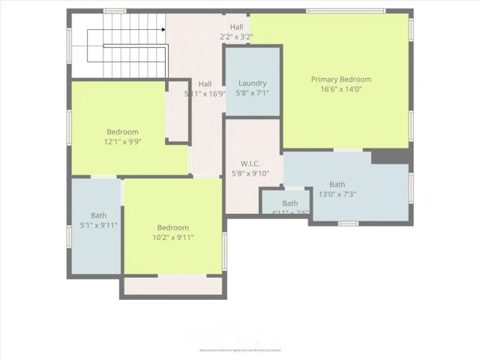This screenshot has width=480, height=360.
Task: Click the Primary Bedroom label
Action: click(341, 79)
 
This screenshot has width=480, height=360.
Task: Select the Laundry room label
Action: click(253, 83)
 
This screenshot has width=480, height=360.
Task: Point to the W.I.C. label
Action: click(250, 163)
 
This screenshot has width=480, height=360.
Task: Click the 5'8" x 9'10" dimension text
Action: click(250, 174)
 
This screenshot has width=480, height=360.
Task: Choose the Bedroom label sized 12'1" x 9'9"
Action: click(122, 132)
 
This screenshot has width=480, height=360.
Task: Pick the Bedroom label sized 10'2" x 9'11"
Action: click(172, 228)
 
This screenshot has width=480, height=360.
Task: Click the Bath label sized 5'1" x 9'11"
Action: click(98, 215)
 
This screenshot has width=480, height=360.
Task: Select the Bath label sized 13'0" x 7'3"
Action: click(337, 184)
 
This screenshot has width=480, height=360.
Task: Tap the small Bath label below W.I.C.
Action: click(290, 203)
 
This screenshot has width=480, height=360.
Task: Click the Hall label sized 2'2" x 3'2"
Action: click(236, 27)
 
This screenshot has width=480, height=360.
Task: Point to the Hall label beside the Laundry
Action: click(205, 84)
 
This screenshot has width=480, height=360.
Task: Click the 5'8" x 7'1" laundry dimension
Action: click(253, 94)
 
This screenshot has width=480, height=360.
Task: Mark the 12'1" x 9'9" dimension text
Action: click(122, 142)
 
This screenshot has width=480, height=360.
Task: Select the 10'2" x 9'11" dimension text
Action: click(172, 238)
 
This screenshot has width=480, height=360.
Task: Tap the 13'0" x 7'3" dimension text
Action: click(337, 194)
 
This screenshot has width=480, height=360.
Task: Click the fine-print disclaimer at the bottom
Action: click(239, 349)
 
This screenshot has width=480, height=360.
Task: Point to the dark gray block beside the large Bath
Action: click(390, 156)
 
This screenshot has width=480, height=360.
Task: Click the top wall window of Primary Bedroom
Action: click(345, 10)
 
